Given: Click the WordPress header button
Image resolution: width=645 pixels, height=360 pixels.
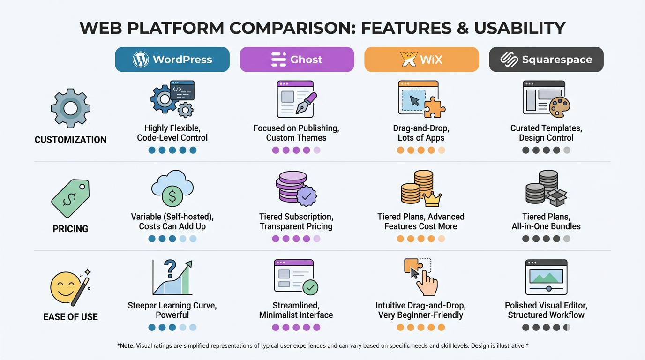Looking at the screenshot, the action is pos(172,60).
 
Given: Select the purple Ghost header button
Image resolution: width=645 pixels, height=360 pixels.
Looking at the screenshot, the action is pos(297,60).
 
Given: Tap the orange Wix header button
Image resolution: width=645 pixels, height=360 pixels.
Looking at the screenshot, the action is pos(421,60).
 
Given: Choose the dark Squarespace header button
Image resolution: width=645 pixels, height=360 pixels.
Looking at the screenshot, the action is pos(546,60).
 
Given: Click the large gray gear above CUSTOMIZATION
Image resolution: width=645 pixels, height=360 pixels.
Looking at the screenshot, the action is pos(70,108).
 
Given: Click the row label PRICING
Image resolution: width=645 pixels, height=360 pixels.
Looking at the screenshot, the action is pos(70,229).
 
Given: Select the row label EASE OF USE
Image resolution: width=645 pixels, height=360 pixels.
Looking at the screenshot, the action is pos(70,317).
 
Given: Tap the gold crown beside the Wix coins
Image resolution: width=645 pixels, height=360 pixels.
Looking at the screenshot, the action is pos(432,199).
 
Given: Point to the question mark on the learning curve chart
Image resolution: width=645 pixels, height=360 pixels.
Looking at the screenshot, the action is pos(170,268).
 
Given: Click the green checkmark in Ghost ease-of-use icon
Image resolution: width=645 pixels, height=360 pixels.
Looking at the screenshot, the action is pos(310,287).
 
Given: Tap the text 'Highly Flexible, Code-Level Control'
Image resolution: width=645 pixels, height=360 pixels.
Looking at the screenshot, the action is pos(172,133).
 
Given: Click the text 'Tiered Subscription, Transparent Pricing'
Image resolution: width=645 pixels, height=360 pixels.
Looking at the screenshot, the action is pos(296,221).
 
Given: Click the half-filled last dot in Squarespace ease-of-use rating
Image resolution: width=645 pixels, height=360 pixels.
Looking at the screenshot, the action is pos(567,328).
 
